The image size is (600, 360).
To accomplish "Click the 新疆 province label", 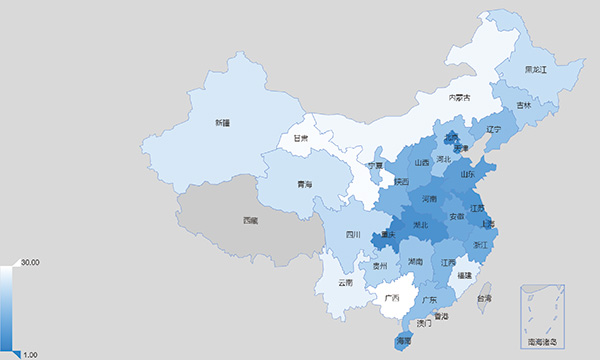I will [221, 122].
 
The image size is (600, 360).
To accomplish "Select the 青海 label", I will [276, 185].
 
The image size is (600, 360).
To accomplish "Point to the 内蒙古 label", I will [459, 97].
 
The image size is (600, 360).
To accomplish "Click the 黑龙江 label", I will [536, 70].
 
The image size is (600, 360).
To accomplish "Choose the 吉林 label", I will [524, 105].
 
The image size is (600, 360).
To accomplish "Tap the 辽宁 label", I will [493, 129].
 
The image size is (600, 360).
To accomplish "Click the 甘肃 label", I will [300, 139].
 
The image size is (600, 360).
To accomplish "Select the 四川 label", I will [352, 235].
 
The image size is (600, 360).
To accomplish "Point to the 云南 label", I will [345, 283].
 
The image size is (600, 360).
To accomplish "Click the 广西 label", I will [392, 298].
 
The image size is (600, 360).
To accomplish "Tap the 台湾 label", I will [484, 298].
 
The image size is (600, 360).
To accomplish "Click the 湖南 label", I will [414, 261].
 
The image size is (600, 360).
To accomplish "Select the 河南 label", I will [429, 199].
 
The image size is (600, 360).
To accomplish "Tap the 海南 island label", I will [404, 341].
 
